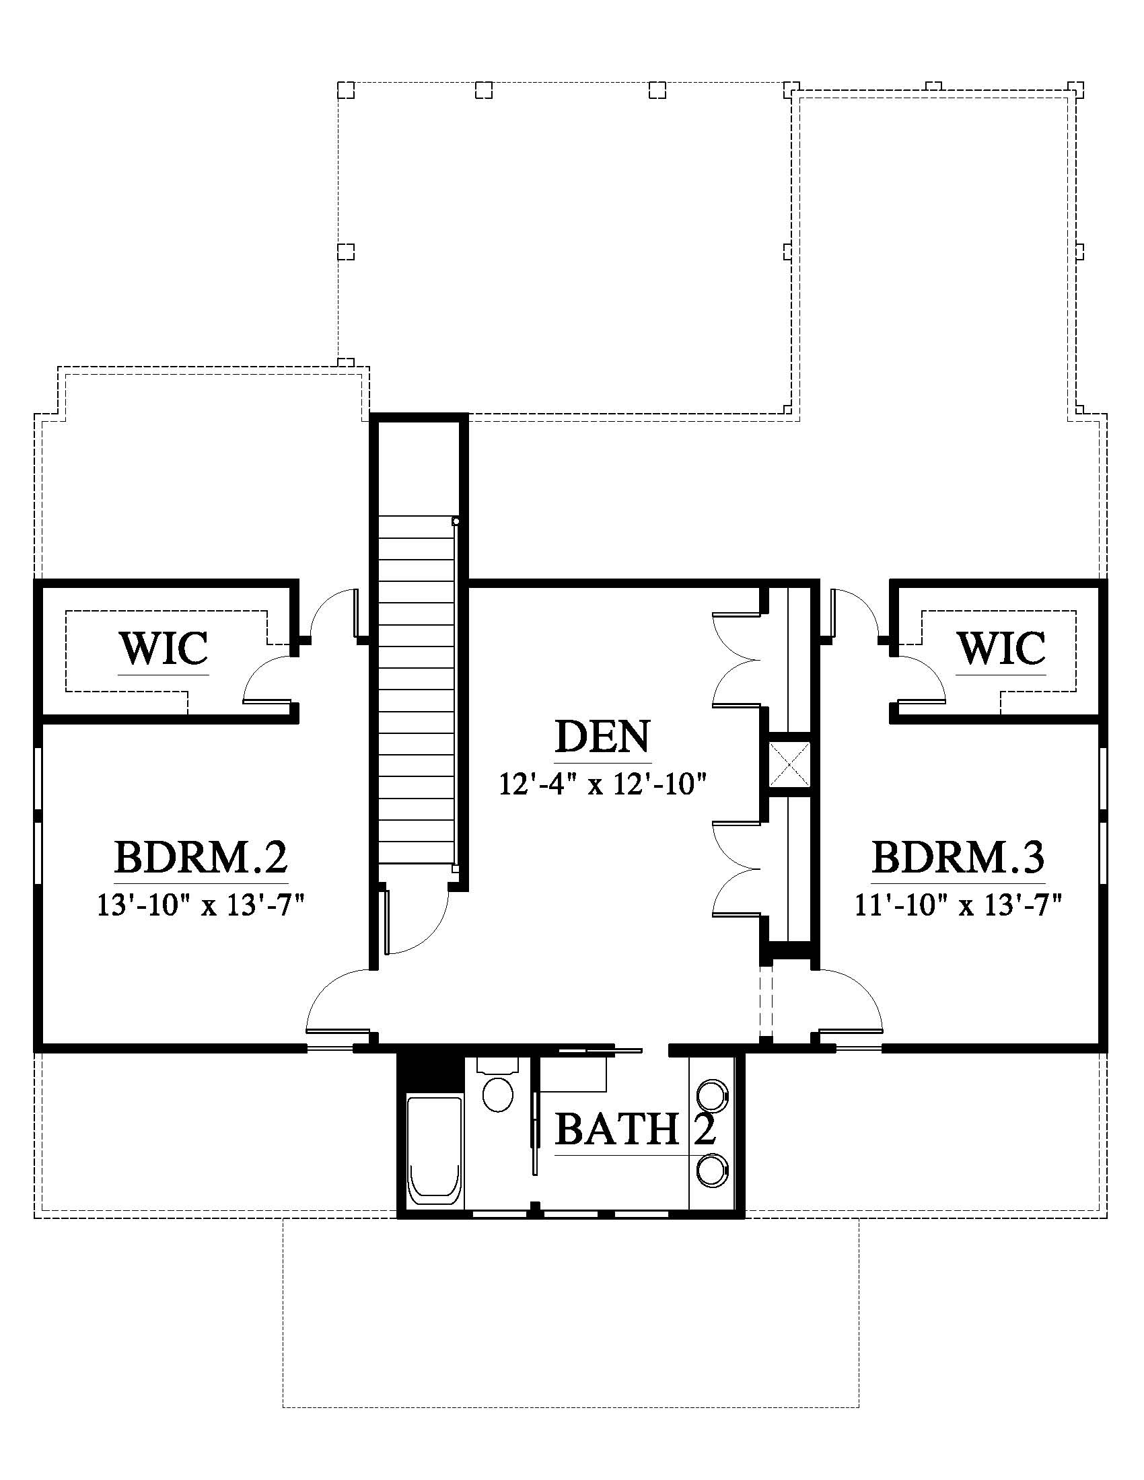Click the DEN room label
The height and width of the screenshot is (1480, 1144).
click(602, 737)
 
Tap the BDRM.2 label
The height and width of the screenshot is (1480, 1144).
click(201, 856)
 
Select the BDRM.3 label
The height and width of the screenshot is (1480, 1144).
click(958, 856)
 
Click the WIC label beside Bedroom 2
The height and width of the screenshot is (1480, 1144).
click(164, 649)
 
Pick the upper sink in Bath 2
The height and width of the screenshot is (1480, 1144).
click(711, 1095)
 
